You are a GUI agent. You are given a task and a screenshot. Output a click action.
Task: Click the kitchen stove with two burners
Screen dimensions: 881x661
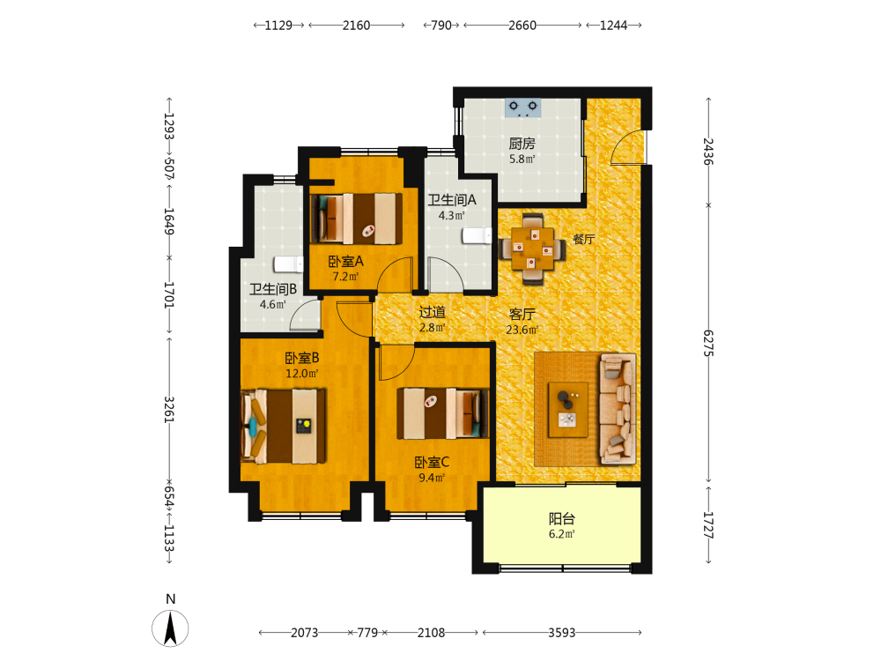coord(522,108)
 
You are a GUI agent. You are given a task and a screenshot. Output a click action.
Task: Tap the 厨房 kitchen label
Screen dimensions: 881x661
coord(522,144)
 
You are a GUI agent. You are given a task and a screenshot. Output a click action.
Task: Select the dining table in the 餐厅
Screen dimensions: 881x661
coord(532,249)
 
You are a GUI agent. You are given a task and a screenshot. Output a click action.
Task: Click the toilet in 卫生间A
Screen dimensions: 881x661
coord(477,235)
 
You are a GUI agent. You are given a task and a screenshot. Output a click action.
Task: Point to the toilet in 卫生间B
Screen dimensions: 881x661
coord(288,264)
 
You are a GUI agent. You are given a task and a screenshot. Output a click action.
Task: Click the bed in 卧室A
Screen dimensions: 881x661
coord(356,219)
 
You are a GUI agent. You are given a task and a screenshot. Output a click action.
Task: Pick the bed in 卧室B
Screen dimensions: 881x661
coord(283,426)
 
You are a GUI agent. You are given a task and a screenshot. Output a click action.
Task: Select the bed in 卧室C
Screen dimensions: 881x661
coord(443,413)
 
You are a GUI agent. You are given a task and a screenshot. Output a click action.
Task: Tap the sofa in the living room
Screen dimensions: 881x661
coord(618,409)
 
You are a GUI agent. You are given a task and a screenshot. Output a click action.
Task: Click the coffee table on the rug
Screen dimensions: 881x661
coord(568,409)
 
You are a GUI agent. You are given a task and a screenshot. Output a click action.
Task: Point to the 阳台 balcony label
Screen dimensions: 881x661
coord(562,519)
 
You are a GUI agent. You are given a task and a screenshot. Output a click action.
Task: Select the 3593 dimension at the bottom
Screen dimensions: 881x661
coord(562,633)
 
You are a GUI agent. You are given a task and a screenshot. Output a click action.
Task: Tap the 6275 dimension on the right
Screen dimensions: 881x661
coord(708,343)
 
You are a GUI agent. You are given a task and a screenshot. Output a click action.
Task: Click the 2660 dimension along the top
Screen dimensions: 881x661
coord(522,26)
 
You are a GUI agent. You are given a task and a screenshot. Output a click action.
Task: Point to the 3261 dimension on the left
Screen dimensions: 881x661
coord(168,409)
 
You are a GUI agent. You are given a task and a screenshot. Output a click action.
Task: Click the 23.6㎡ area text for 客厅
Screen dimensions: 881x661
coord(522,330)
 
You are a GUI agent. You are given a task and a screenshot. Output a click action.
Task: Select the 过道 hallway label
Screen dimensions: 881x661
coord(432,312)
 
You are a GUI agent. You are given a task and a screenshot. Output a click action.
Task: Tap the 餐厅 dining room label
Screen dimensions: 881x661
coord(584,239)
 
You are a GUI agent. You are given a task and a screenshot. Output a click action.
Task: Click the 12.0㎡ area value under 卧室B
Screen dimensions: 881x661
coord(302,373)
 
